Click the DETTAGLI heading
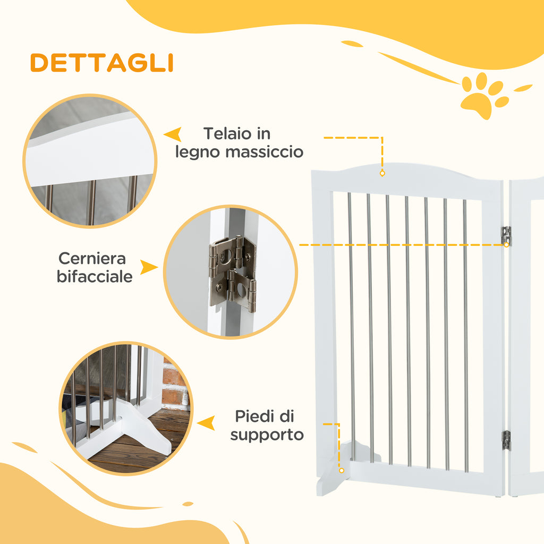[101, 63]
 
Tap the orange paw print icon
[484, 95]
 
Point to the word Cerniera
[92, 259]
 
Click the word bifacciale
[95, 277]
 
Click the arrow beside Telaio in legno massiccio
[173, 134]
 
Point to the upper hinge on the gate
[506, 235]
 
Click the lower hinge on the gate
[506, 440]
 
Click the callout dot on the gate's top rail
[382, 173]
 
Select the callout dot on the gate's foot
[341, 470]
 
